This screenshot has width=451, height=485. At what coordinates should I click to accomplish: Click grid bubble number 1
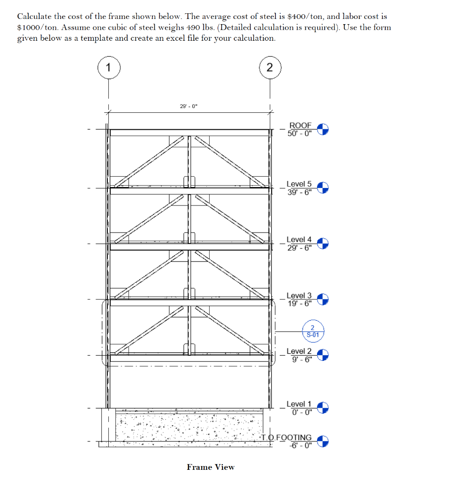[x=109, y=68]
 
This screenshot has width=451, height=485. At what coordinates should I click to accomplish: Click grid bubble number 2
[x=270, y=68]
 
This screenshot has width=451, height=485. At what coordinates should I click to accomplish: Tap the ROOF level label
[x=301, y=126]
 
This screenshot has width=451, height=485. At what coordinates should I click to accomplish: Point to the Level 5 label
[x=299, y=184]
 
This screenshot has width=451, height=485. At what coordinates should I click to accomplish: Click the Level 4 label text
[x=299, y=240]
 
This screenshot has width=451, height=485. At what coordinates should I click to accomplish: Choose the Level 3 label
[x=299, y=296]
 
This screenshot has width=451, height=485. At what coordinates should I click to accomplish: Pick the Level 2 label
[x=299, y=351]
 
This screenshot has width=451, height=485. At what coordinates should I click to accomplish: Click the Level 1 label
[x=299, y=404]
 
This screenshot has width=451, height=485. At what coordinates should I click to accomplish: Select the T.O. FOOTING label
[x=286, y=438]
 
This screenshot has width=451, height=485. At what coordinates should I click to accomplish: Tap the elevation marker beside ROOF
[x=322, y=129]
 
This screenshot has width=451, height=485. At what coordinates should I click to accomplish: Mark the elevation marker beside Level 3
[x=322, y=299]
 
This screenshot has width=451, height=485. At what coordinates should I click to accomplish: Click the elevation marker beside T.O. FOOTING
[x=322, y=441]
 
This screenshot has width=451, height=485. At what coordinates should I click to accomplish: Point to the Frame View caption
[x=211, y=467]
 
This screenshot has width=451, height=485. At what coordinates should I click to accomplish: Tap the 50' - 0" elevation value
[x=300, y=133]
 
